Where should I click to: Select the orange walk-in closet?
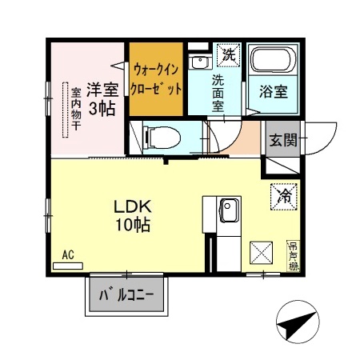pos(158,78)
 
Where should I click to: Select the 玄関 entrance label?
pos(282,141)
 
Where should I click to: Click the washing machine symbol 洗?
pos(229,55)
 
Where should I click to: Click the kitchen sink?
pos(228,211)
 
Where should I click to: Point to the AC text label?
pos(68,254)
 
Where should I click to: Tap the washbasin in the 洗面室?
pos(198,62)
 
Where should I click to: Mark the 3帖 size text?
pos(101,108)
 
